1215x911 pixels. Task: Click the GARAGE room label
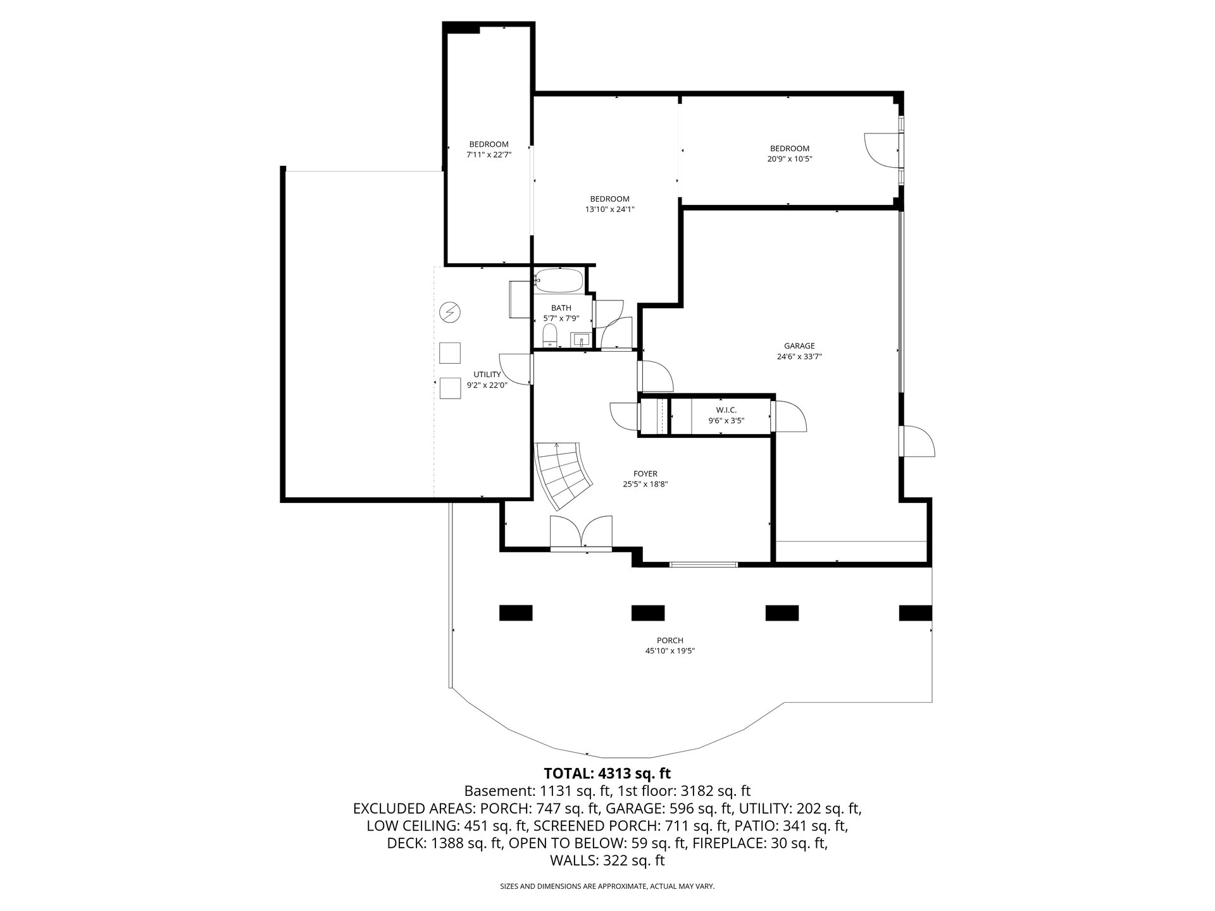(799, 346)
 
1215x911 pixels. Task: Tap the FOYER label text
(645, 474)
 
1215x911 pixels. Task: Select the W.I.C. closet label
(726, 410)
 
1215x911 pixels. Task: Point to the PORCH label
(670, 640)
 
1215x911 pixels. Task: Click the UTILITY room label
(487, 375)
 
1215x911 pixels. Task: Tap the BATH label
(561, 308)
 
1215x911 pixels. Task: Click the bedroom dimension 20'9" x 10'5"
(790, 159)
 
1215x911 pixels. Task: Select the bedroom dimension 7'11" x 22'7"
(489, 154)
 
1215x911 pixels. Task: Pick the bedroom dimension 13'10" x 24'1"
(610, 209)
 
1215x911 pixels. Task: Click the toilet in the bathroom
(549, 336)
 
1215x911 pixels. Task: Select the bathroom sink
(581, 340)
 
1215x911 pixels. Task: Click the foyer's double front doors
(582, 533)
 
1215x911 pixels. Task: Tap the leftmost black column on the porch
(516, 613)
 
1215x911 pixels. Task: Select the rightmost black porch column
(916, 613)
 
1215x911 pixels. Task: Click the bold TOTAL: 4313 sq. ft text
(607, 773)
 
